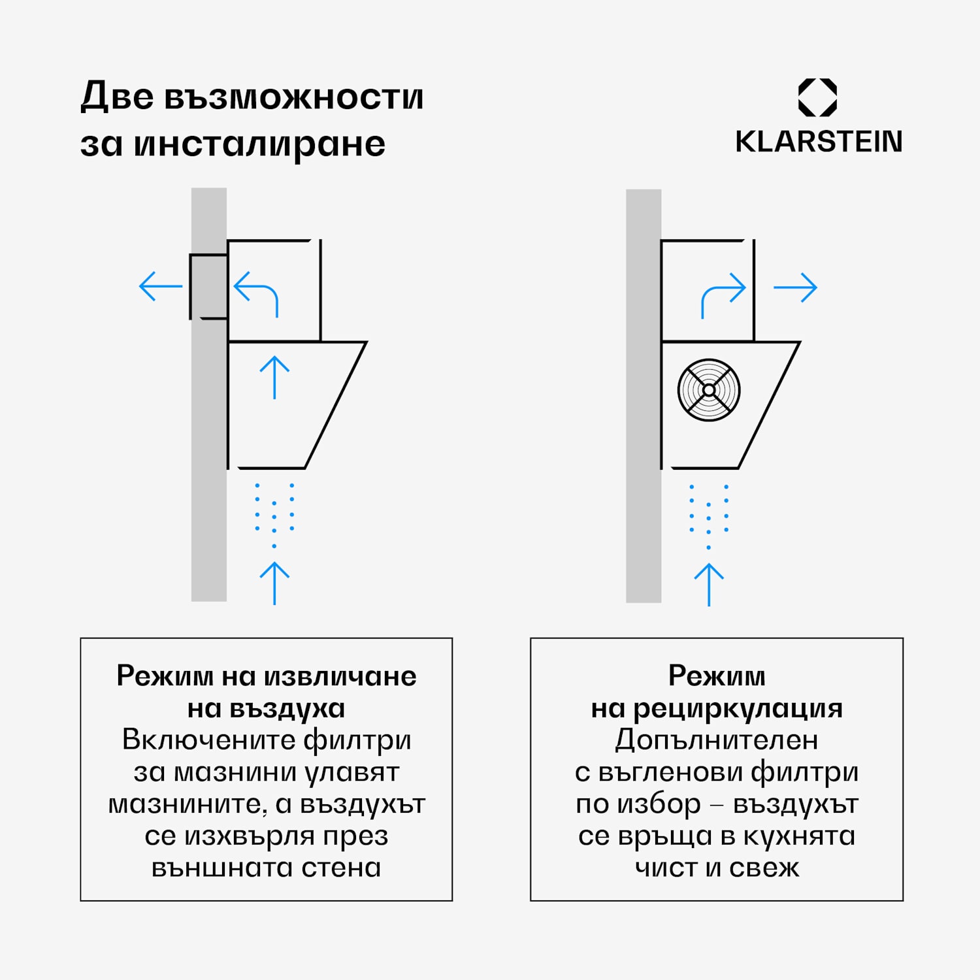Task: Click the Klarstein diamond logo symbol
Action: (x=817, y=98)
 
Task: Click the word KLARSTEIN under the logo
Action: (x=819, y=142)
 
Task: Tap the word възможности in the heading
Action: (x=293, y=97)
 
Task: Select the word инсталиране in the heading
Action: (x=259, y=144)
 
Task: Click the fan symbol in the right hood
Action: (x=709, y=390)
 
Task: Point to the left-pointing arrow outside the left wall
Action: (x=160, y=286)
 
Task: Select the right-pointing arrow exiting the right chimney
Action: (x=795, y=287)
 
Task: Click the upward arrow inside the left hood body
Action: (x=274, y=377)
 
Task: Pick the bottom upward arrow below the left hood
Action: (x=274, y=583)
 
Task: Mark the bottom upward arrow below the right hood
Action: (x=709, y=584)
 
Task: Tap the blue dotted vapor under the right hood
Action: (x=709, y=515)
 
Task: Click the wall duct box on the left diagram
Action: (x=208, y=286)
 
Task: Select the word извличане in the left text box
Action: (x=340, y=676)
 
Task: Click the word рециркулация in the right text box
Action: (x=738, y=708)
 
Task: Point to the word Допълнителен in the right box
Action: (x=717, y=740)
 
